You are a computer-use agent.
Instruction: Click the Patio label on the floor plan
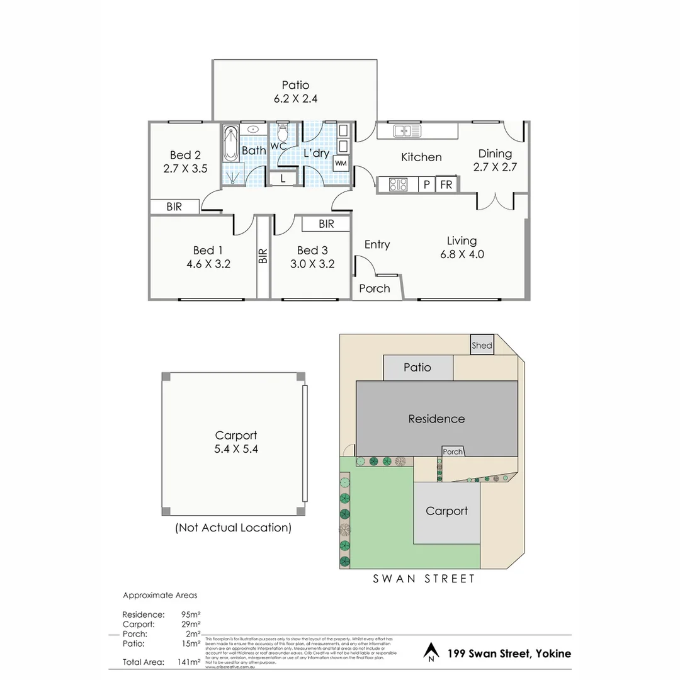click(295, 85)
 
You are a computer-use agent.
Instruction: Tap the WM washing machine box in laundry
click(341, 163)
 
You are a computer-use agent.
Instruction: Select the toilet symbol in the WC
click(283, 133)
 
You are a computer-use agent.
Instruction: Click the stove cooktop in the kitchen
click(398, 185)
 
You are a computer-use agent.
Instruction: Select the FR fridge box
click(446, 185)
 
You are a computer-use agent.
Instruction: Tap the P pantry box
click(426, 185)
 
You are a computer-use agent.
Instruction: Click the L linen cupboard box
click(283, 179)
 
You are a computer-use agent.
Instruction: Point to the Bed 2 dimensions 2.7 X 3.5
click(184, 169)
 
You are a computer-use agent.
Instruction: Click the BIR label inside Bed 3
click(326, 224)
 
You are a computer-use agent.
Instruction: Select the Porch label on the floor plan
click(374, 288)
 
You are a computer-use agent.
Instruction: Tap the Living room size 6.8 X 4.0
click(462, 254)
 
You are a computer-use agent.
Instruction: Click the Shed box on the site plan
click(482, 345)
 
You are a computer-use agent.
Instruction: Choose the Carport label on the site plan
click(446, 511)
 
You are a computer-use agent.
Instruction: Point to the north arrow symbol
click(431, 652)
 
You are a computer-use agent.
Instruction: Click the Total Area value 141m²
click(190, 662)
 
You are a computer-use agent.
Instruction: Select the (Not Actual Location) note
click(233, 528)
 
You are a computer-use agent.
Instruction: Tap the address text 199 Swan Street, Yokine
click(509, 654)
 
